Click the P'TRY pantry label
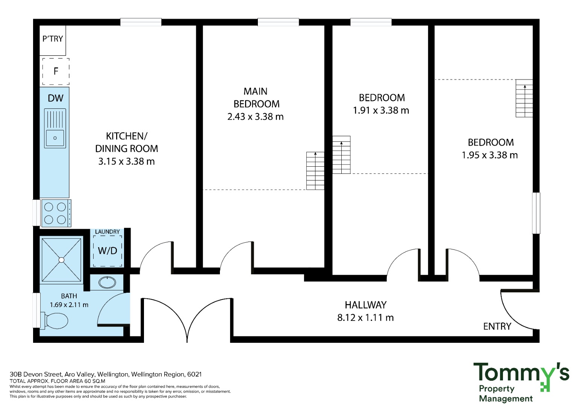click(53, 39)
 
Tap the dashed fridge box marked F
click(56, 71)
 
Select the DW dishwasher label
click(56, 98)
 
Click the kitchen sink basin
click(55, 138)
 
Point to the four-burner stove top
click(56, 213)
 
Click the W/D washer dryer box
click(108, 251)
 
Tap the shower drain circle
click(61, 260)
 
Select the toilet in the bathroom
click(55, 321)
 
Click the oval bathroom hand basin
click(107, 283)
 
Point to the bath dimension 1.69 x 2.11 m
click(69, 305)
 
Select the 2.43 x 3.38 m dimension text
click(256, 117)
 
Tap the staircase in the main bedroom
click(315, 171)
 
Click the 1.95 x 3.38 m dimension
click(490, 155)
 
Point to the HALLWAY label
click(365, 305)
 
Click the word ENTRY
click(497, 326)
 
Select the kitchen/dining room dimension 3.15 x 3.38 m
click(127, 161)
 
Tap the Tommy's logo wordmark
click(521, 373)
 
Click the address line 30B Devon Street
click(106, 374)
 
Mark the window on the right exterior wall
click(536, 213)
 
